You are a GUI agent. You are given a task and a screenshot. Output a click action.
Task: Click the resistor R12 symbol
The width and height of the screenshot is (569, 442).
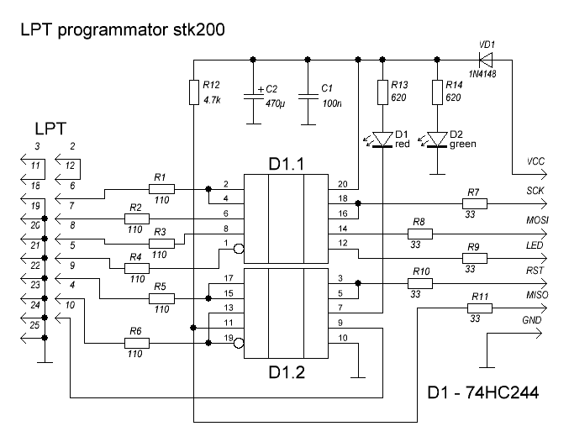193,92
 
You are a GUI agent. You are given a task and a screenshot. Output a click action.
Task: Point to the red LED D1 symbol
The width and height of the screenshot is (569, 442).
382,138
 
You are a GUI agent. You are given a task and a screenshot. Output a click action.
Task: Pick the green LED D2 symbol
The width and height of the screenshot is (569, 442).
436,138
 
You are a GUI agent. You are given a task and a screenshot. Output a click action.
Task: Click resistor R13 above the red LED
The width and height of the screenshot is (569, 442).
382,92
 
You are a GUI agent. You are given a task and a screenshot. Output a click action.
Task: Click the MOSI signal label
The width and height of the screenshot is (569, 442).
533,221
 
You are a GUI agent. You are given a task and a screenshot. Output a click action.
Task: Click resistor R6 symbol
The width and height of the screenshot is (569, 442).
138,343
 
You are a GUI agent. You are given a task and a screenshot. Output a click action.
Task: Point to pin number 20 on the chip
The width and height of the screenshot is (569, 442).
341,184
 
